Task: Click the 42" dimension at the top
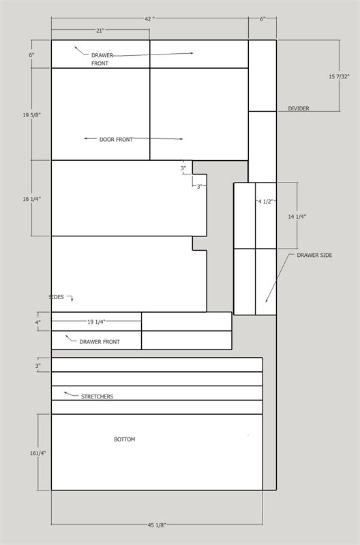click(149, 19)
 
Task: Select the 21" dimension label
click(100, 31)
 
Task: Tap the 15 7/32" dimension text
click(339, 76)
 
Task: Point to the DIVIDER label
click(299, 108)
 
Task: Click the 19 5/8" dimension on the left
click(31, 115)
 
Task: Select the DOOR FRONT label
click(116, 140)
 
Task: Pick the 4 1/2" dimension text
click(266, 201)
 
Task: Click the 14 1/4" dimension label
click(297, 217)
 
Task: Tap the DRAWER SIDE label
click(314, 255)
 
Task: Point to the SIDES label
click(57, 297)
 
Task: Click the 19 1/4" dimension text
click(96, 322)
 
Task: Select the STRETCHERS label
click(97, 396)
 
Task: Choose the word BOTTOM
click(125, 439)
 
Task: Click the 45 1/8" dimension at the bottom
click(157, 525)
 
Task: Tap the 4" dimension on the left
click(38, 322)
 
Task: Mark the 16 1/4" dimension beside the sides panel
click(31, 199)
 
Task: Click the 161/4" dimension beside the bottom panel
click(37, 453)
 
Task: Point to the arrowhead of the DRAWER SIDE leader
click(267, 300)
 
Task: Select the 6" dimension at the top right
click(262, 19)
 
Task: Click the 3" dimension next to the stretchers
click(38, 366)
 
